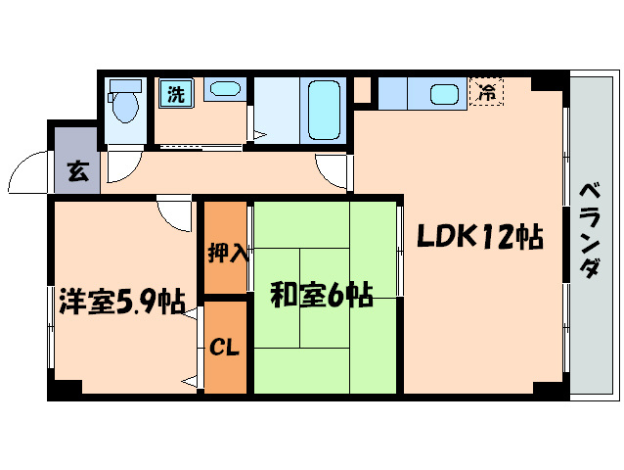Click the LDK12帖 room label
[478, 237]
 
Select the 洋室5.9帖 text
[121, 302]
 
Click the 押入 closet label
[227, 253]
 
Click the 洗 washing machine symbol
[176, 95]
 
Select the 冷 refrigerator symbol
[486, 93]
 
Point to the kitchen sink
[445, 95]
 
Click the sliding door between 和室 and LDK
[400, 250]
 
